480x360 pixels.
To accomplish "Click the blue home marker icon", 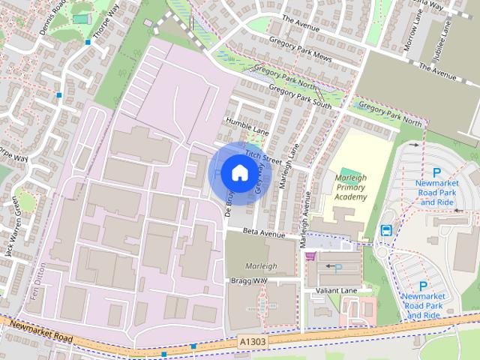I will click(x=238, y=172).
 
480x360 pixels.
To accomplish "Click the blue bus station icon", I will click(x=387, y=230).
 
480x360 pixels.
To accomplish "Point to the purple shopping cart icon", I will click(x=310, y=256).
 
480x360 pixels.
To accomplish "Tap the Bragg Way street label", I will click(x=248, y=280).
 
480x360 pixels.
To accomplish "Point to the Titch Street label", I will click(x=257, y=155).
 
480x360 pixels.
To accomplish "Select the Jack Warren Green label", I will click(x=10, y=235).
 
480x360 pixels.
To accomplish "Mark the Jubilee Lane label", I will click(x=451, y=37).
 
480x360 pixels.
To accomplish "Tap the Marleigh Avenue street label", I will click(x=305, y=218).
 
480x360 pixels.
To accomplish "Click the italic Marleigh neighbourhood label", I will click(x=261, y=266).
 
